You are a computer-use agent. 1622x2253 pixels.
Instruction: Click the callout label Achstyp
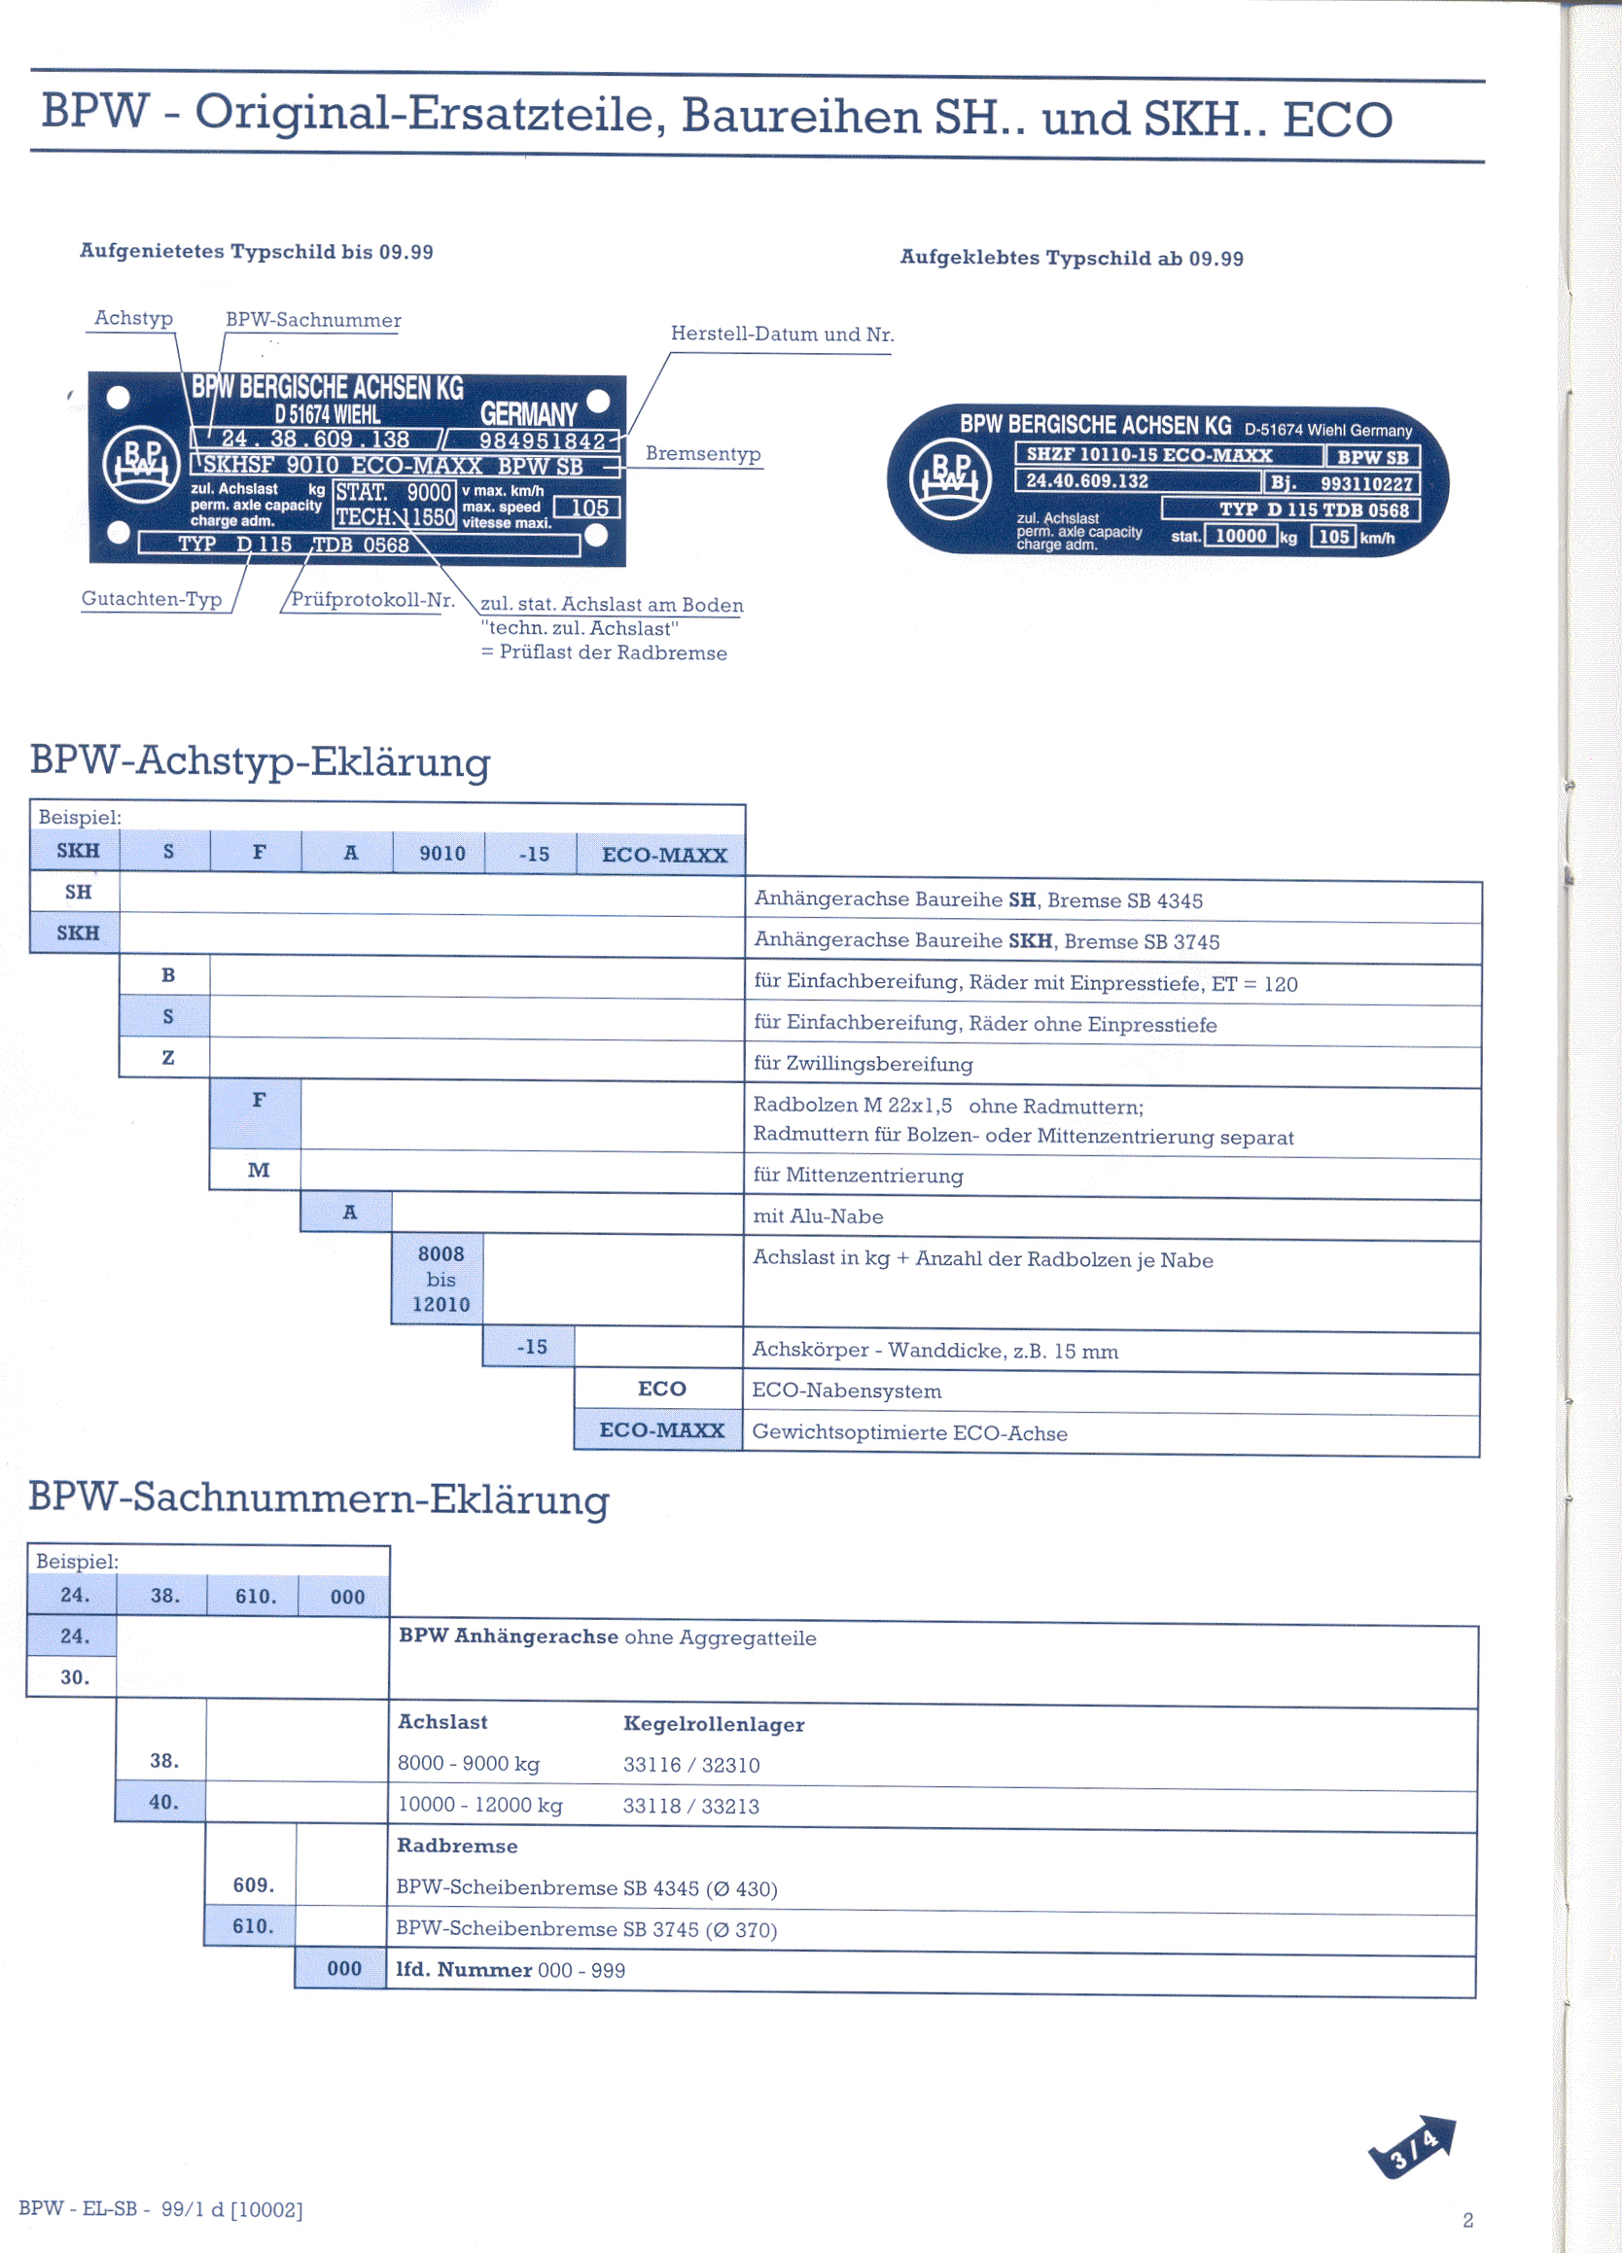click(x=133, y=318)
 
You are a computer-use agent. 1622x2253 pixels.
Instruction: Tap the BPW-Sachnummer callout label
click(x=313, y=320)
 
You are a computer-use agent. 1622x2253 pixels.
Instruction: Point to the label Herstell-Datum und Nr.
click(x=782, y=334)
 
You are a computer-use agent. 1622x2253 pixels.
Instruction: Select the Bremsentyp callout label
click(x=702, y=454)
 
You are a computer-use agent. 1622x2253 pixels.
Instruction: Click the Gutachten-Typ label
click(x=151, y=598)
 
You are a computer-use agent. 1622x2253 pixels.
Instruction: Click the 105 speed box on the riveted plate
click(x=588, y=508)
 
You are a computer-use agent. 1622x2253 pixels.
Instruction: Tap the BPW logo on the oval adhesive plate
click(x=949, y=478)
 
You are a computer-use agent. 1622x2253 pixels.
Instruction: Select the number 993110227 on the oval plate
click(x=1365, y=484)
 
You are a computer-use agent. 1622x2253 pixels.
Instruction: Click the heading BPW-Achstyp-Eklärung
click(x=261, y=761)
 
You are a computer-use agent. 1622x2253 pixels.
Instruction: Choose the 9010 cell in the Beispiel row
click(x=442, y=854)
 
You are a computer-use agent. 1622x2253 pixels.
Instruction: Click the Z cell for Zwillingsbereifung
click(x=168, y=1058)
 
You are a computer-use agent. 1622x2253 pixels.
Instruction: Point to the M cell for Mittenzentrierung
click(x=259, y=1170)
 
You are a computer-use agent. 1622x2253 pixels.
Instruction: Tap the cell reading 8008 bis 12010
click(x=441, y=1280)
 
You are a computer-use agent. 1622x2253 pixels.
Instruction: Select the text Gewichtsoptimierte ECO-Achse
click(x=909, y=1432)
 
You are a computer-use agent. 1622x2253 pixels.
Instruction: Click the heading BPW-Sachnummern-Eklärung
click(x=318, y=1498)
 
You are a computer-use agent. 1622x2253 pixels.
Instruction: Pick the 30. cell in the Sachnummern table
click(x=75, y=1676)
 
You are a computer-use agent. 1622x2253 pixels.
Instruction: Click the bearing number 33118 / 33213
click(x=690, y=1806)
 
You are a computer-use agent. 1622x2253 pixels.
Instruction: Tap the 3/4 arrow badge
click(x=1412, y=2149)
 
